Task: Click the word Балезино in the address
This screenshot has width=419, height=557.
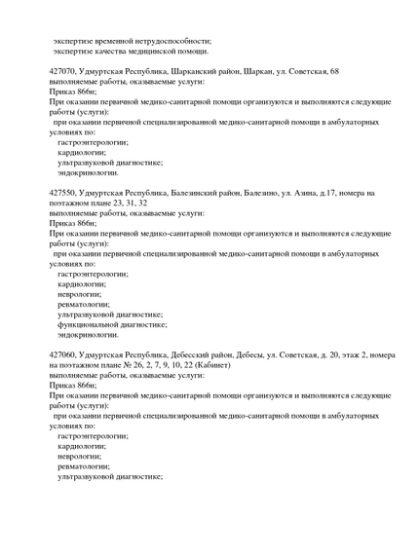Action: click(263, 194)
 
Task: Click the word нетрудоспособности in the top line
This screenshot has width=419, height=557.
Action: click(167, 41)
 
